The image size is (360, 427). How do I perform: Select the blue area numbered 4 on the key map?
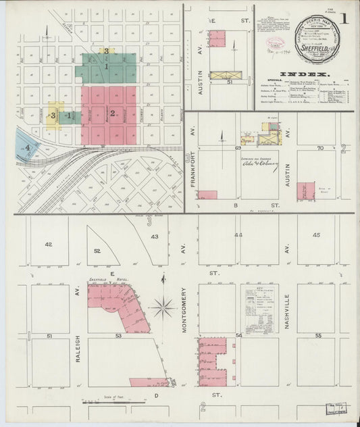point(27,146)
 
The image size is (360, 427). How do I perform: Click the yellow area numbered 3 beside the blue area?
point(53,115)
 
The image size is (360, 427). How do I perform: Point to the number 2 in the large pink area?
point(113,113)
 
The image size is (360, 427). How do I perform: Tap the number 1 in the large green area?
point(106,66)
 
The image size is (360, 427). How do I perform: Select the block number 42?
point(48,244)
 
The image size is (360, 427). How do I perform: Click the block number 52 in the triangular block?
point(98,251)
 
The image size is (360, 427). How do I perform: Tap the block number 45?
point(317,234)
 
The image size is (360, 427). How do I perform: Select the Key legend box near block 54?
point(260,308)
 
